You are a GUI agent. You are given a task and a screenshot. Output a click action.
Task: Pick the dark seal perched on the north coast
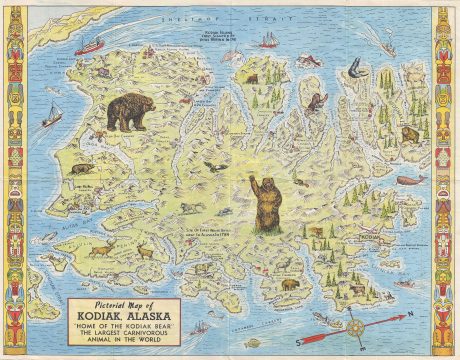pos(354,68)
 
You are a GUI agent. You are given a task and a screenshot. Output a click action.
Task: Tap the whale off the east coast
pos(411,181)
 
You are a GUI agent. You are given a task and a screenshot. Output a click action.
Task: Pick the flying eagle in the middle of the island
pos(212,167)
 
